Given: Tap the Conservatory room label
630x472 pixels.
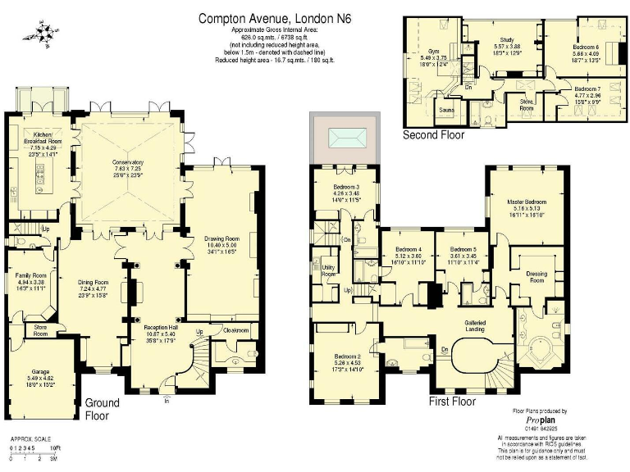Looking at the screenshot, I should click(x=127, y=162).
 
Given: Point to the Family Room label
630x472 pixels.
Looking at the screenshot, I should click(x=34, y=275).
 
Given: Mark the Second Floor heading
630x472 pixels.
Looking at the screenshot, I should click(x=433, y=135).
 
